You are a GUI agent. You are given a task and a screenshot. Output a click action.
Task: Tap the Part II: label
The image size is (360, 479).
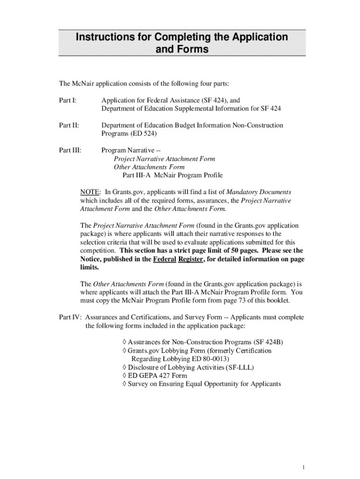[x=69, y=125]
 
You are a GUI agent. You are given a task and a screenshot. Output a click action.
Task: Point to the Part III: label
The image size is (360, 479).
[x=70, y=150]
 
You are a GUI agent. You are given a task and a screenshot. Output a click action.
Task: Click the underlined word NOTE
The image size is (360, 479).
[x=90, y=192]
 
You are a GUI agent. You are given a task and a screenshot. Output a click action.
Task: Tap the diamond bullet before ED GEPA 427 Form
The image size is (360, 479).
[x=123, y=376]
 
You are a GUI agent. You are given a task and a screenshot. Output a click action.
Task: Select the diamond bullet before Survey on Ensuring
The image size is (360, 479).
[x=123, y=384]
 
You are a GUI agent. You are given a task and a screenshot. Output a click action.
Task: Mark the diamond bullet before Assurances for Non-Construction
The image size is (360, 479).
[x=123, y=342]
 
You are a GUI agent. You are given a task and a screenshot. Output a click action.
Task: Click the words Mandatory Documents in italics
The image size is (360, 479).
[x=259, y=192]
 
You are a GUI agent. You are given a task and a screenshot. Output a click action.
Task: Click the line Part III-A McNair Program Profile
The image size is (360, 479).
[x=173, y=175]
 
